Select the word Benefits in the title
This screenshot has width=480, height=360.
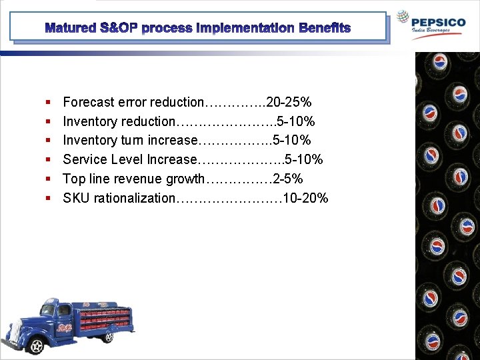(x=325, y=28)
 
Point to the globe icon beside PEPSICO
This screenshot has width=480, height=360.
(x=402, y=18)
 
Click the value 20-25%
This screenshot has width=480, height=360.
(x=289, y=102)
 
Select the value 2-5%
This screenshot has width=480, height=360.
(x=288, y=179)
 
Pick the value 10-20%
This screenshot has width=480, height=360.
(x=306, y=198)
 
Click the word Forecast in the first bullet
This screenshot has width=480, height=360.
(x=89, y=102)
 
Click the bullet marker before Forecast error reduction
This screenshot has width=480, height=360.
(x=49, y=103)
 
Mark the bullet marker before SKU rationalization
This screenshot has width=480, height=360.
(x=49, y=199)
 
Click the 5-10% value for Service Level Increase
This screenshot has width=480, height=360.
(x=304, y=159)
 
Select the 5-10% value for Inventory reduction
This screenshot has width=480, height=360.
(x=296, y=121)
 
